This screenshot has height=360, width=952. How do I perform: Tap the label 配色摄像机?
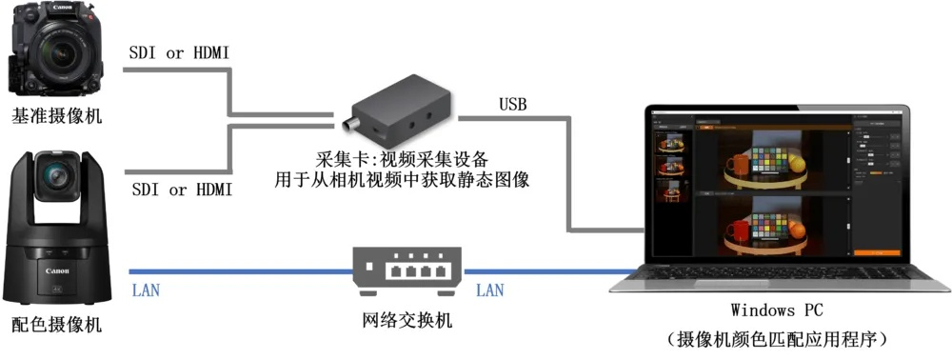pos(56,325)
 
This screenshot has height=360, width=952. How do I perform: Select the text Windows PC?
pos(776,310)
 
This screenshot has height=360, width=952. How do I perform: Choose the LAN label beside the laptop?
pos(489,290)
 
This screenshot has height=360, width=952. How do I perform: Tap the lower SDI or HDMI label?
pos(181,190)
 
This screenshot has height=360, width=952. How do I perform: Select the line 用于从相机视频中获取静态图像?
pos(401,178)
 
